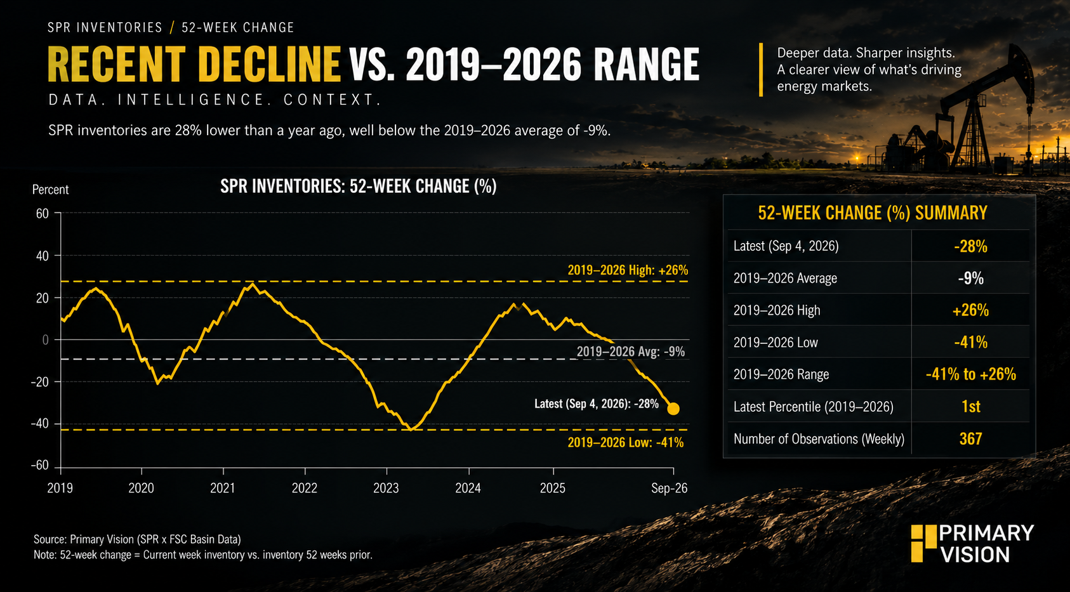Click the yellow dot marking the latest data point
(673, 409)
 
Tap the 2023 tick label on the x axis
(386, 488)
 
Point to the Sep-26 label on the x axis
(670, 488)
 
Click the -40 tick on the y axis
(39, 424)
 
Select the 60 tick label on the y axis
(43, 213)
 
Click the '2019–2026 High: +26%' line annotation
(628, 270)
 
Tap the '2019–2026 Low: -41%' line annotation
(625, 442)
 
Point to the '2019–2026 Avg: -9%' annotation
(631, 352)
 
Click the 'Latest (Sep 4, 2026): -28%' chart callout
(596, 404)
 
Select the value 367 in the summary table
(970, 438)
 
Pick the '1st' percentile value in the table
(970, 406)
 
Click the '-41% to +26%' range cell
(970, 374)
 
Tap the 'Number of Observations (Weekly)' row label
(819, 438)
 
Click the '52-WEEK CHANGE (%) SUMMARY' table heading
(872, 213)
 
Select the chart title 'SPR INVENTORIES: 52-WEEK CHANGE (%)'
(359, 186)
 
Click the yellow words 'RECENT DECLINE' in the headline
(194, 65)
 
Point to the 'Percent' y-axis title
(50, 190)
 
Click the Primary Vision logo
(972, 543)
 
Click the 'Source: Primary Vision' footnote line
(137, 539)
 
